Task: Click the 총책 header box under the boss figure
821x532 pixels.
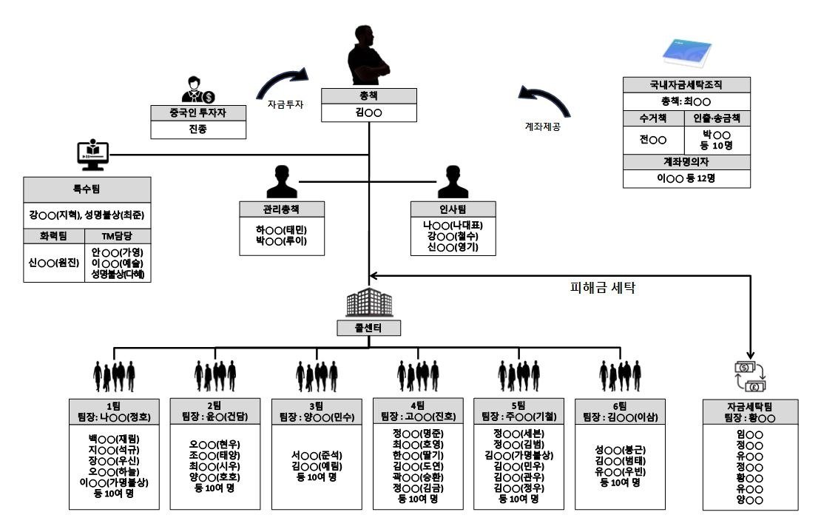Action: coord(369,95)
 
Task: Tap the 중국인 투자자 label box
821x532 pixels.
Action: coord(198,113)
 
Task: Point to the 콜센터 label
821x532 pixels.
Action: coord(369,327)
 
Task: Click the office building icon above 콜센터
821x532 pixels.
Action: coord(369,302)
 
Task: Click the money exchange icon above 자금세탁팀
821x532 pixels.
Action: coord(750,377)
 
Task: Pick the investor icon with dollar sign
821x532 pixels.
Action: coord(197,90)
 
